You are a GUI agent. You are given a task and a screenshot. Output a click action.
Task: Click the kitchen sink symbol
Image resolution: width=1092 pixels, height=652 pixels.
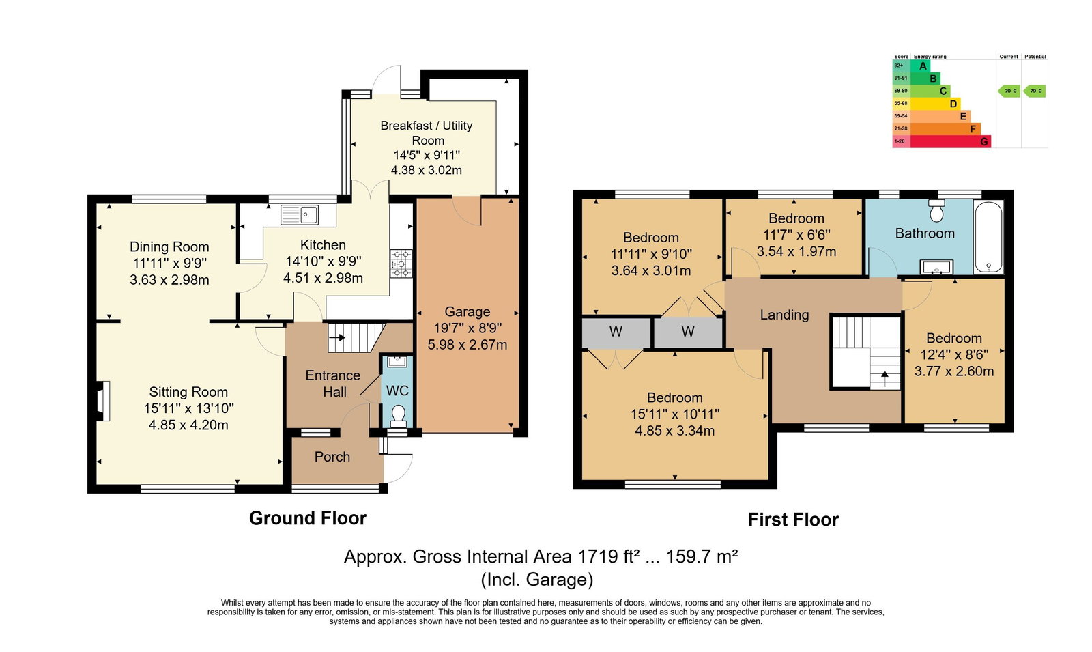coord(300,214)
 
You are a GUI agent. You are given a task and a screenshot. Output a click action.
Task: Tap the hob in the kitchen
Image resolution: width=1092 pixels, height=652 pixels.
coord(401,264)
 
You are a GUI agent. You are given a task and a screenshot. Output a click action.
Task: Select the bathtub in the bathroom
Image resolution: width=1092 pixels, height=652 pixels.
coord(988,237)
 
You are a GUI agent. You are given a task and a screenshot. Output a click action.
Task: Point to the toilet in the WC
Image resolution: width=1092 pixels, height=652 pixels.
coord(399,416)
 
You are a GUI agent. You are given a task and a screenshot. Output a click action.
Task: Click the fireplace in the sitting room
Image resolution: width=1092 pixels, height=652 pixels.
coord(102,401)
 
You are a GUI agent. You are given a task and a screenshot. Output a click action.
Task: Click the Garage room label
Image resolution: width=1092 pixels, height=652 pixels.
coord(467,311)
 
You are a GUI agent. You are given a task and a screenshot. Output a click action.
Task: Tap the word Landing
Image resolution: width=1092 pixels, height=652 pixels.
coord(784,315)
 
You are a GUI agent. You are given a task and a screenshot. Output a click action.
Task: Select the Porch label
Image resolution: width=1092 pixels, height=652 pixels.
coord(332,457)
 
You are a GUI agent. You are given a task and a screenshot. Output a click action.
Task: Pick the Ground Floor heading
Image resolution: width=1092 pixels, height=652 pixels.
coord(308,518)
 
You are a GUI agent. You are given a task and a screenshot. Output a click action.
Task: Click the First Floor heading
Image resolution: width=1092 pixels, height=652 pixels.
coord(793,520)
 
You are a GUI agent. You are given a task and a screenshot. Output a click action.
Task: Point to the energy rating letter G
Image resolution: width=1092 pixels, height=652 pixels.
coord(983,141)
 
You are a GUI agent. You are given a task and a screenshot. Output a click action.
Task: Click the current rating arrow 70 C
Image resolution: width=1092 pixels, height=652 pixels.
coord(1009,91)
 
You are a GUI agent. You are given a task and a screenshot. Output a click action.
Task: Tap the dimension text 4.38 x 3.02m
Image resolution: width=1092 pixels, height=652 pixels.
coord(427,170)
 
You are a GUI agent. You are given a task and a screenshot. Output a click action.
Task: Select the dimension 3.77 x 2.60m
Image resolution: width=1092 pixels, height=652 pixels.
coord(954,371)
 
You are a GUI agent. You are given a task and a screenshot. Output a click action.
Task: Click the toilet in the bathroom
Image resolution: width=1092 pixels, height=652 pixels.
coord(936,210)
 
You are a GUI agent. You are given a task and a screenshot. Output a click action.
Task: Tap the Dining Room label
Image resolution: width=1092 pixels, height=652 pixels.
coord(169,246)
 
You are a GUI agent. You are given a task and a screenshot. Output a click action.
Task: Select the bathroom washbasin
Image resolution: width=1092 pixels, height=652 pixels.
coord(936,267)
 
